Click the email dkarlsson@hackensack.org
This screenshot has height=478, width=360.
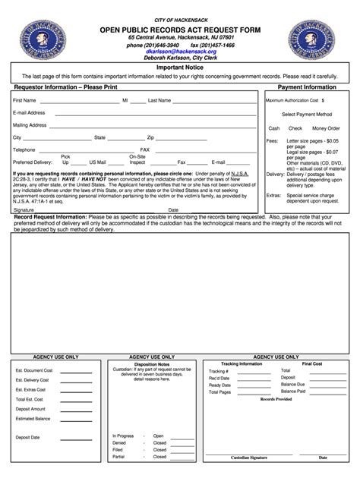click(x=181, y=52)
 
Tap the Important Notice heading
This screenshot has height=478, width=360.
click(x=180, y=68)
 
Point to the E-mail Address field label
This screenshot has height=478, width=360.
click(x=29, y=112)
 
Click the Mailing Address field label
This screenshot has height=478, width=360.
click(x=30, y=125)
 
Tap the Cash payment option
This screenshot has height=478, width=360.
click(x=274, y=128)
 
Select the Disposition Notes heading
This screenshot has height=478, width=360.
click(x=152, y=363)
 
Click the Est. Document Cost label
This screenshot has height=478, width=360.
click(x=34, y=370)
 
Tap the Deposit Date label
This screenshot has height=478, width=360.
click(x=28, y=438)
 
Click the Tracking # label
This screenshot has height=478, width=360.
click(x=219, y=370)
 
